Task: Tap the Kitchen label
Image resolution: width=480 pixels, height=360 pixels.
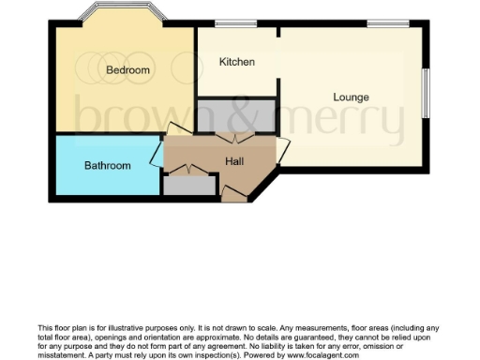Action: tap(236, 62)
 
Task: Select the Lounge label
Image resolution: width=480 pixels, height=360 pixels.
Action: tap(351, 97)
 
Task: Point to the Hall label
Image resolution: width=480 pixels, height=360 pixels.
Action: tap(235, 161)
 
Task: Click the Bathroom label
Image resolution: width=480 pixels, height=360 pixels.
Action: tap(108, 166)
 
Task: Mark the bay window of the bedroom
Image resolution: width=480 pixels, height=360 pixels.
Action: tap(122, 13)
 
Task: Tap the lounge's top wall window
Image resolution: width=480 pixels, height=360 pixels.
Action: tap(381, 23)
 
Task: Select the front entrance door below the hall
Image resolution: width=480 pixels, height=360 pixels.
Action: tap(234, 193)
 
